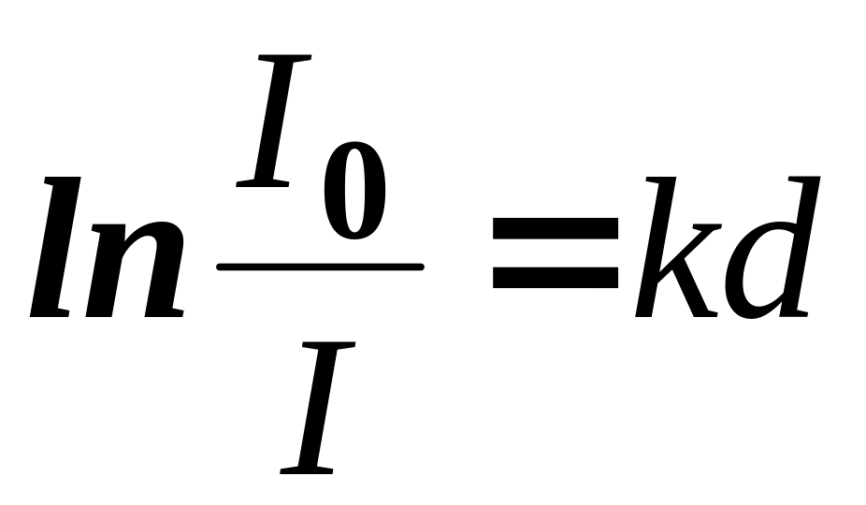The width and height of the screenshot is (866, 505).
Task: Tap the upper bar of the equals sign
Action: (556, 227)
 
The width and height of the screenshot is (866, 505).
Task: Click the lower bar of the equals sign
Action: (556, 278)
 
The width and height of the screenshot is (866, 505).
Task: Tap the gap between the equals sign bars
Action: (556, 252)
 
